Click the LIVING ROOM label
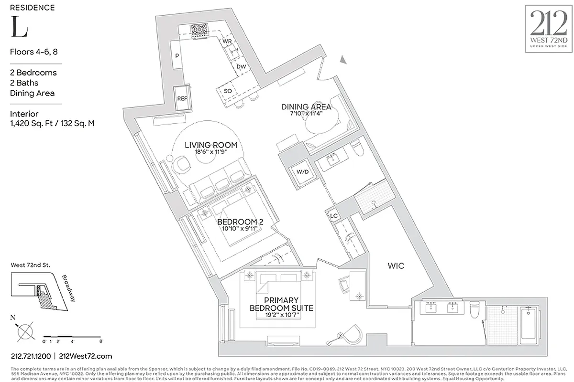pos(211,145)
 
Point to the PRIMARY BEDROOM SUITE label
pos(281,304)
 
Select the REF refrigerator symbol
pos(182,98)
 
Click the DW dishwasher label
pos(242,67)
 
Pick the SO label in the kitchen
pos(228,91)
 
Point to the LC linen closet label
pos(334,215)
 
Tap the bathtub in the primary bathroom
pos(531,324)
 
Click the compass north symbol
pos(24,330)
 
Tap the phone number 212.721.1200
pos(31,356)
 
